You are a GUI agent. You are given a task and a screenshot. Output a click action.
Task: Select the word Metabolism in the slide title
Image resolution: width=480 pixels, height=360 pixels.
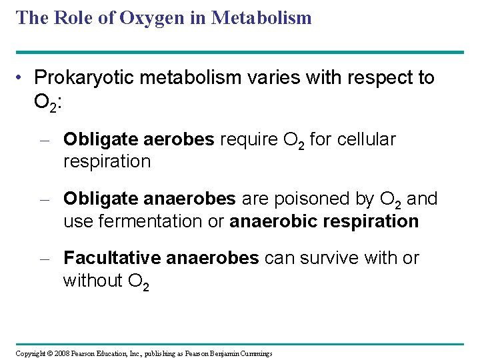coord(261,18)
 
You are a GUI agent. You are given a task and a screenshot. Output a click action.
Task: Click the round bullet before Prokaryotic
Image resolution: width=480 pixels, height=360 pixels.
coord(22,78)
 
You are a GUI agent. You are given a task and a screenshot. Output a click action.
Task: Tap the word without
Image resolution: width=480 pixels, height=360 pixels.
coord(91,281)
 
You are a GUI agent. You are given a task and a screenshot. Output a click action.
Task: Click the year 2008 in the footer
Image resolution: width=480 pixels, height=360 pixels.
coord(61,353)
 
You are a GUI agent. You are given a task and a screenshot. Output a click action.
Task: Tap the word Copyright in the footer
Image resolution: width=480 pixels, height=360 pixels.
coord(31,353)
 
